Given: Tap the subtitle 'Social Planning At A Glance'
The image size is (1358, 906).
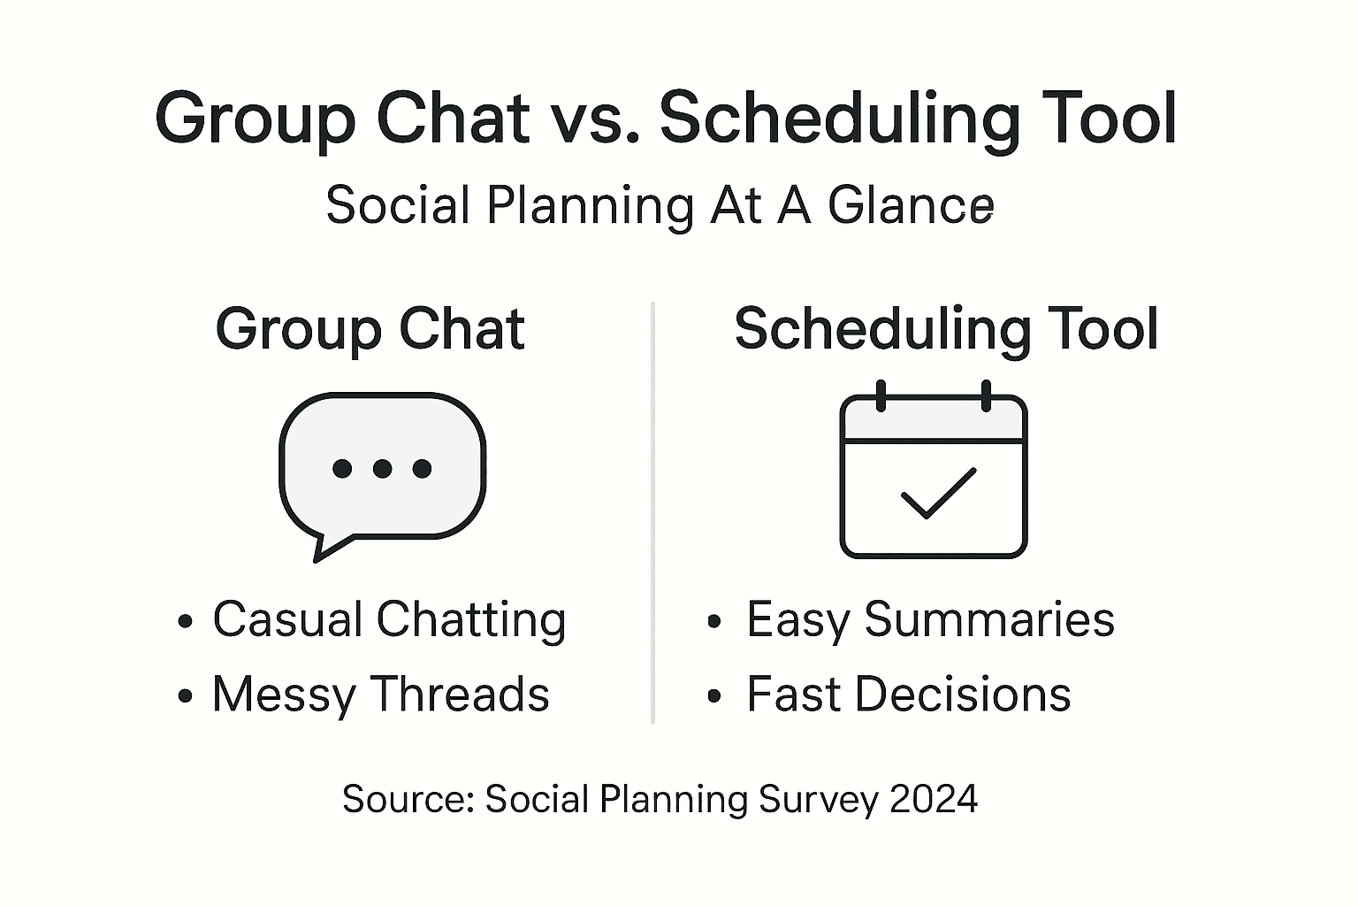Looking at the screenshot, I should pyautogui.click(x=660, y=205).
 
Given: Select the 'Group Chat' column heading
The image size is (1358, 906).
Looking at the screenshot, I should pyautogui.click(x=370, y=329).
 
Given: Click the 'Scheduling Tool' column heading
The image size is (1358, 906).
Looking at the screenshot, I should pyautogui.click(x=946, y=329).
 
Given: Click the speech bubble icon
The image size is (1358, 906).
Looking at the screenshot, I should pyautogui.click(x=382, y=469).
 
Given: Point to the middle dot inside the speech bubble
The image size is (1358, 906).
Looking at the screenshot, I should pyautogui.click(x=382, y=468).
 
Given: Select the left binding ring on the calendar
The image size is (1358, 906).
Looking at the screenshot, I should pyautogui.click(x=881, y=395).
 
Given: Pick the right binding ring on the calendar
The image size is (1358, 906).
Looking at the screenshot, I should pyautogui.click(x=987, y=395).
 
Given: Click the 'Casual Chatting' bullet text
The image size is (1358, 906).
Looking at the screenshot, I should pyautogui.click(x=389, y=619).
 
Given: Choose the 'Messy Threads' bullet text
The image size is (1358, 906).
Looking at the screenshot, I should pyautogui.click(x=380, y=695).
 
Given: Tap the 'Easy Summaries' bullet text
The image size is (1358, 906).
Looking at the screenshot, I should pyautogui.click(x=930, y=619).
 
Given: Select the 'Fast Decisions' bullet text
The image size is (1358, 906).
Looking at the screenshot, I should pyautogui.click(x=908, y=695).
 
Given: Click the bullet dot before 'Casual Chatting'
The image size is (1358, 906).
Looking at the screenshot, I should pyautogui.click(x=185, y=621).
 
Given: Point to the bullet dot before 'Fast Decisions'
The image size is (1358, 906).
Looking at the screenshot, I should pyautogui.click(x=715, y=697).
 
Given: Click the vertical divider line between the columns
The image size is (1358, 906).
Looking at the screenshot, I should pyautogui.click(x=652, y=513).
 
